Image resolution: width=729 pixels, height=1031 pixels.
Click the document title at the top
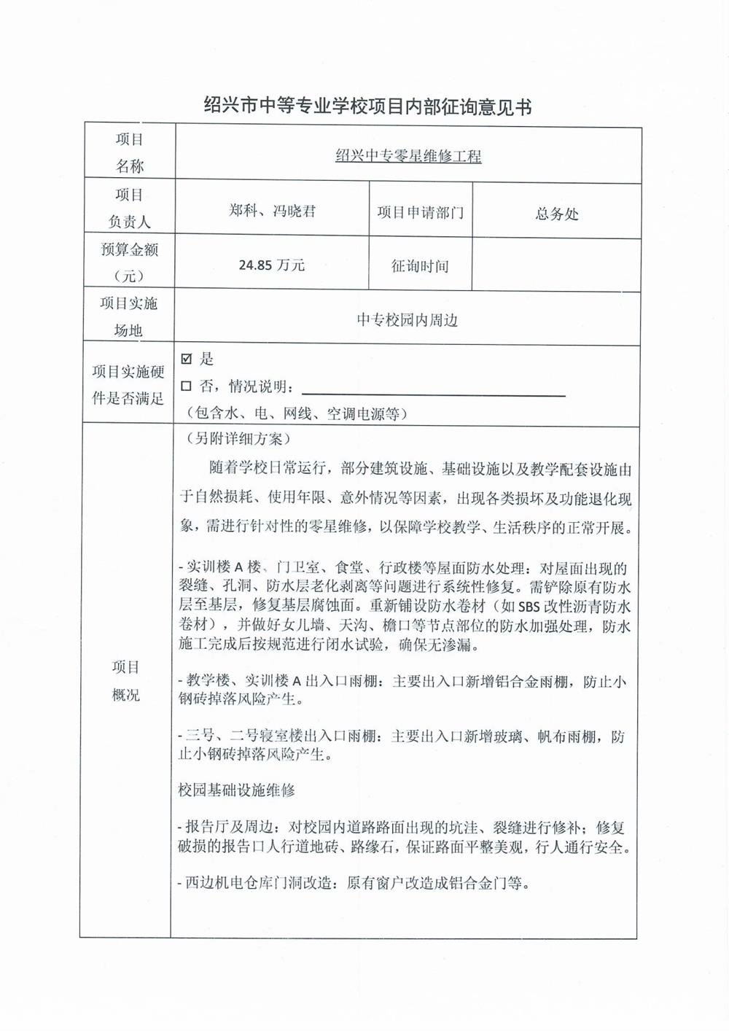coord(367,106)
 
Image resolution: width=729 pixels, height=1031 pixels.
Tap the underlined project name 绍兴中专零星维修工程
coord(408,155)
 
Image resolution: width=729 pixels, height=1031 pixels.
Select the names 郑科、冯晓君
coord(272,211)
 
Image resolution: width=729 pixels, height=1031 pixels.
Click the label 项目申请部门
coord(421,213)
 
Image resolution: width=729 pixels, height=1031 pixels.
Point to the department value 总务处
coord(557,214)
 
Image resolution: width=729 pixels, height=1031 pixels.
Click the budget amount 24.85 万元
coord(272,265)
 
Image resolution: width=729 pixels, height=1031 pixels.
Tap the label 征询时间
coord(420,266)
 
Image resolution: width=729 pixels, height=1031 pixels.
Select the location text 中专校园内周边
coord(407,319)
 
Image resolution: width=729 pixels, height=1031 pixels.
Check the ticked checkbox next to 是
coord(187,359)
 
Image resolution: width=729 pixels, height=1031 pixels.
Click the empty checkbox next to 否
coord(187,386)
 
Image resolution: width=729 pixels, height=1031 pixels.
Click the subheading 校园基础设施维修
coord(236,790)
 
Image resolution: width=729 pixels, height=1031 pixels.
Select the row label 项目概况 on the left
coord(126,680)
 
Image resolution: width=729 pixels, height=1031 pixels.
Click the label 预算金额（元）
coord(129,262)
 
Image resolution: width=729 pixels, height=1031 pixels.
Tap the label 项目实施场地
coord(128,316)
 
